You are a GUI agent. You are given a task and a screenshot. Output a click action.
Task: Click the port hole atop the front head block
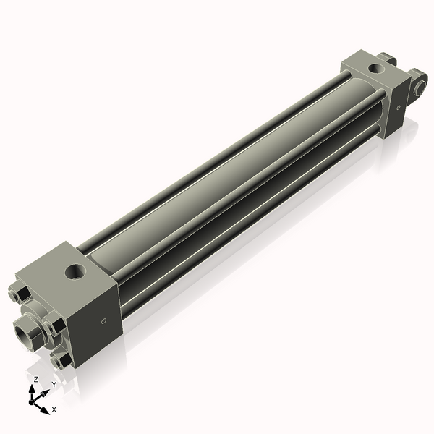click(x=75, y=272)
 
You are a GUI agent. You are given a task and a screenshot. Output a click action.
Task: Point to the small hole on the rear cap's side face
click(x=396, y=107)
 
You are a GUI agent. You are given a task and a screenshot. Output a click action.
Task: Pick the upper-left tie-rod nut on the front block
click(x=19, y=294)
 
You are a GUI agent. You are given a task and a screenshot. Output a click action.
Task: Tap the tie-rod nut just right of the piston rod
click(x=51, y=327)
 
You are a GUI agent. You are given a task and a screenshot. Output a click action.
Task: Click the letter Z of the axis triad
click(x=36, y=379)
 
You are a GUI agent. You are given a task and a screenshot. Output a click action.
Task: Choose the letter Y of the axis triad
click(x=54, y=386)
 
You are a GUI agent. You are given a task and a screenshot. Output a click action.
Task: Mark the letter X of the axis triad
click(x=54, y=409)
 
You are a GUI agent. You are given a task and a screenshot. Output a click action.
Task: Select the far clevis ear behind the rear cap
click(x=386, y=58)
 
